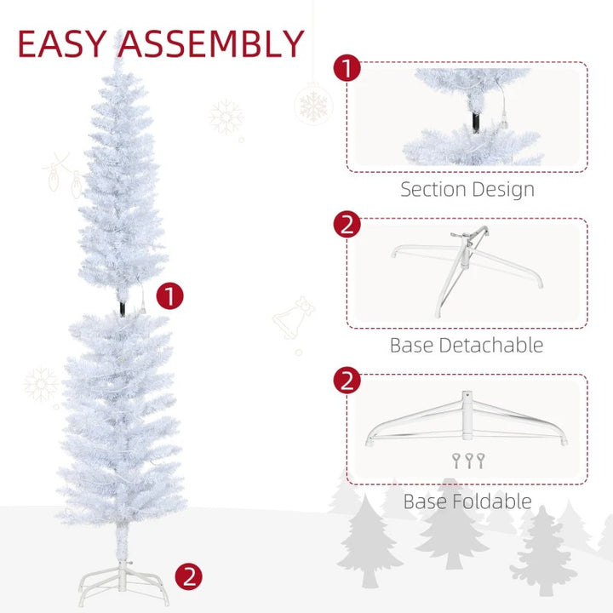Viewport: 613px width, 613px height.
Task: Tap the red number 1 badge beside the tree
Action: coord(171,296)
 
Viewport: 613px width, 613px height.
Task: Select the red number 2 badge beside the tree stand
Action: coord(188,576)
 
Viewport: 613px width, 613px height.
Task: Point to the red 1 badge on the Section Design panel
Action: coord(347,69)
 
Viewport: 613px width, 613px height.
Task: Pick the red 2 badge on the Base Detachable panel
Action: coord(347,226)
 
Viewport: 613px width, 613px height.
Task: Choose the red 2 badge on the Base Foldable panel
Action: coord(347,381)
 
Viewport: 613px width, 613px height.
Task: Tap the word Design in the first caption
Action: coord(505,189)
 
